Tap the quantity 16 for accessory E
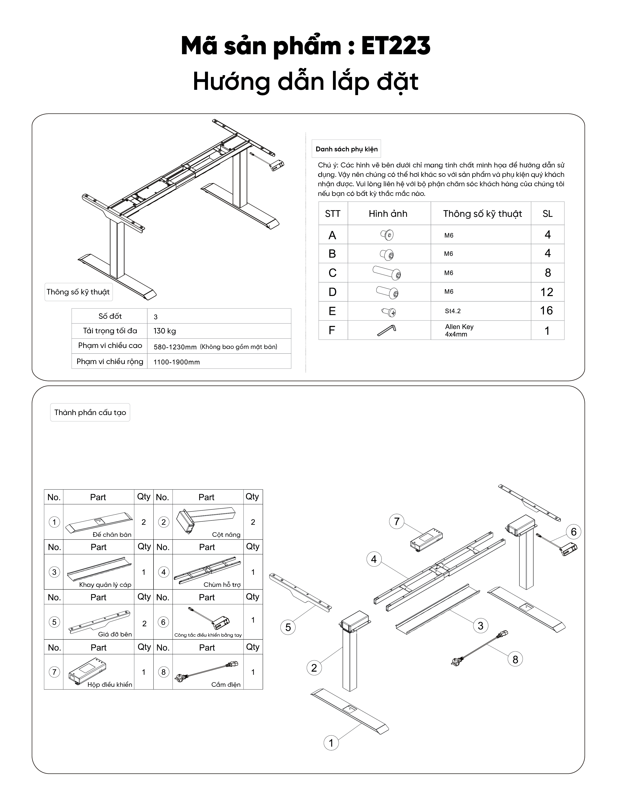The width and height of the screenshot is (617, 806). (x=546, y=311)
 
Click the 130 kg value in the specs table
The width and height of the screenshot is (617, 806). (x=165, y=331)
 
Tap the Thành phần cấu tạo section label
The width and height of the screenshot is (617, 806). (x=90, y=413)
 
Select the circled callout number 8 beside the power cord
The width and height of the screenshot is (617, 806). (x=515, y=659)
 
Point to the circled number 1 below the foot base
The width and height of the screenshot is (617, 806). (x=331, y=743)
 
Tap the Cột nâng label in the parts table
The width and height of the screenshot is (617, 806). (x=226, y=535)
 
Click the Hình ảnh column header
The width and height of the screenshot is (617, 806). (x=388, y=214)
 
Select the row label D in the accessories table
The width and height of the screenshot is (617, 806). (x=332, y=292)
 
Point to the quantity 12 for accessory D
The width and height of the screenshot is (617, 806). (x=546, y=292)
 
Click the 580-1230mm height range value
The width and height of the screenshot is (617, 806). (x=175, y=347)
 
